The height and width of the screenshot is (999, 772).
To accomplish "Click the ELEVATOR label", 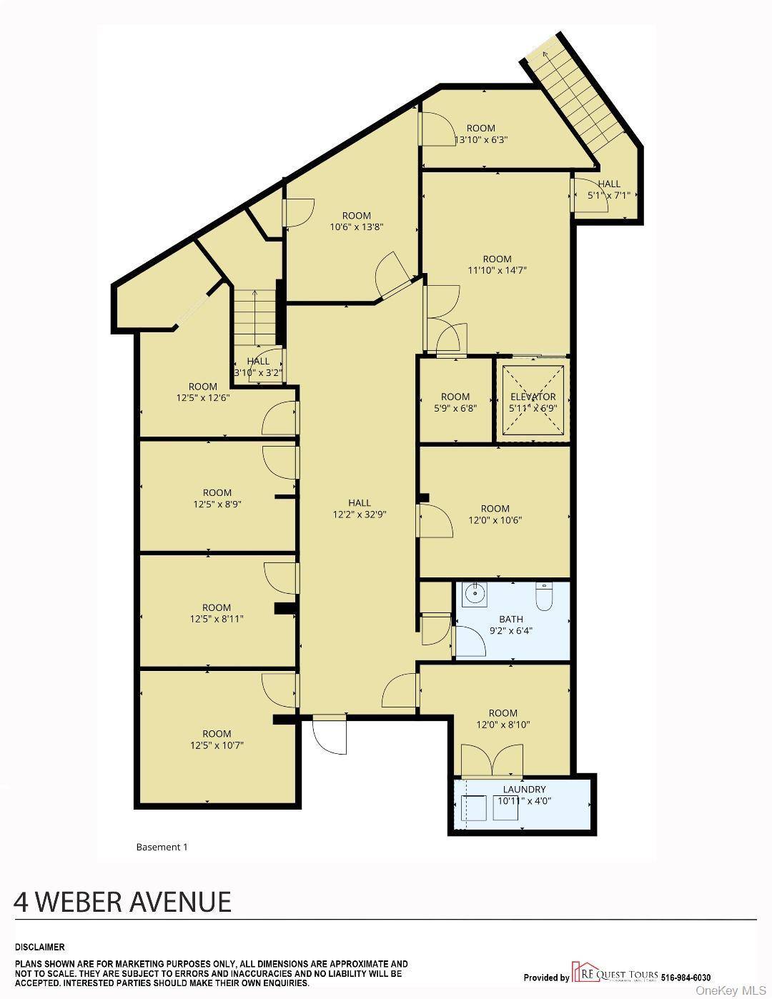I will click(533, 397).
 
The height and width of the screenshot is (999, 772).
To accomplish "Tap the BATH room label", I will click(511, 619).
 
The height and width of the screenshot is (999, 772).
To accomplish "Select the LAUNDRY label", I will click(524, 789).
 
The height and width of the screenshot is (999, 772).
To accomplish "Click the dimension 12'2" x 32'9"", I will click(360, 514).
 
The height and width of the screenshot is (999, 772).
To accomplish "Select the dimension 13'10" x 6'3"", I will click(481, 139).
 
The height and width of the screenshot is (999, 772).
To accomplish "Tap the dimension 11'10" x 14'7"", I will click(497, 270).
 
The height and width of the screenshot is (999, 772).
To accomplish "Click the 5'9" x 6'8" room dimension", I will click(455, 408).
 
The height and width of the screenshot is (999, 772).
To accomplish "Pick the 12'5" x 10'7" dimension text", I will click(217, 745).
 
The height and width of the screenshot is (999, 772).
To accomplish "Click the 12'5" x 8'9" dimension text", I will click(217, 504).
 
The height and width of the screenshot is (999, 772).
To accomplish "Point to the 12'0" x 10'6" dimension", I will click(495, 520).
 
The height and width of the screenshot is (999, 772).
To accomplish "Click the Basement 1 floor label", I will click(162, 847).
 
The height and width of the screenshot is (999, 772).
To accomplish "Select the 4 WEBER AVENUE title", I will click(122, 902).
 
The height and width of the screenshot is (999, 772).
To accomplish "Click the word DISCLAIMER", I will click(39, 947).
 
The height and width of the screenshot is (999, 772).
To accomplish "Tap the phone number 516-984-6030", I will click(686, 978).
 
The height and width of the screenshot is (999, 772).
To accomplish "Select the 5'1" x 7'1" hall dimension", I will click(609, 195).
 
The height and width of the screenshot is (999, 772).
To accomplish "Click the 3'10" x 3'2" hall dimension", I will click(258, 372).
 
